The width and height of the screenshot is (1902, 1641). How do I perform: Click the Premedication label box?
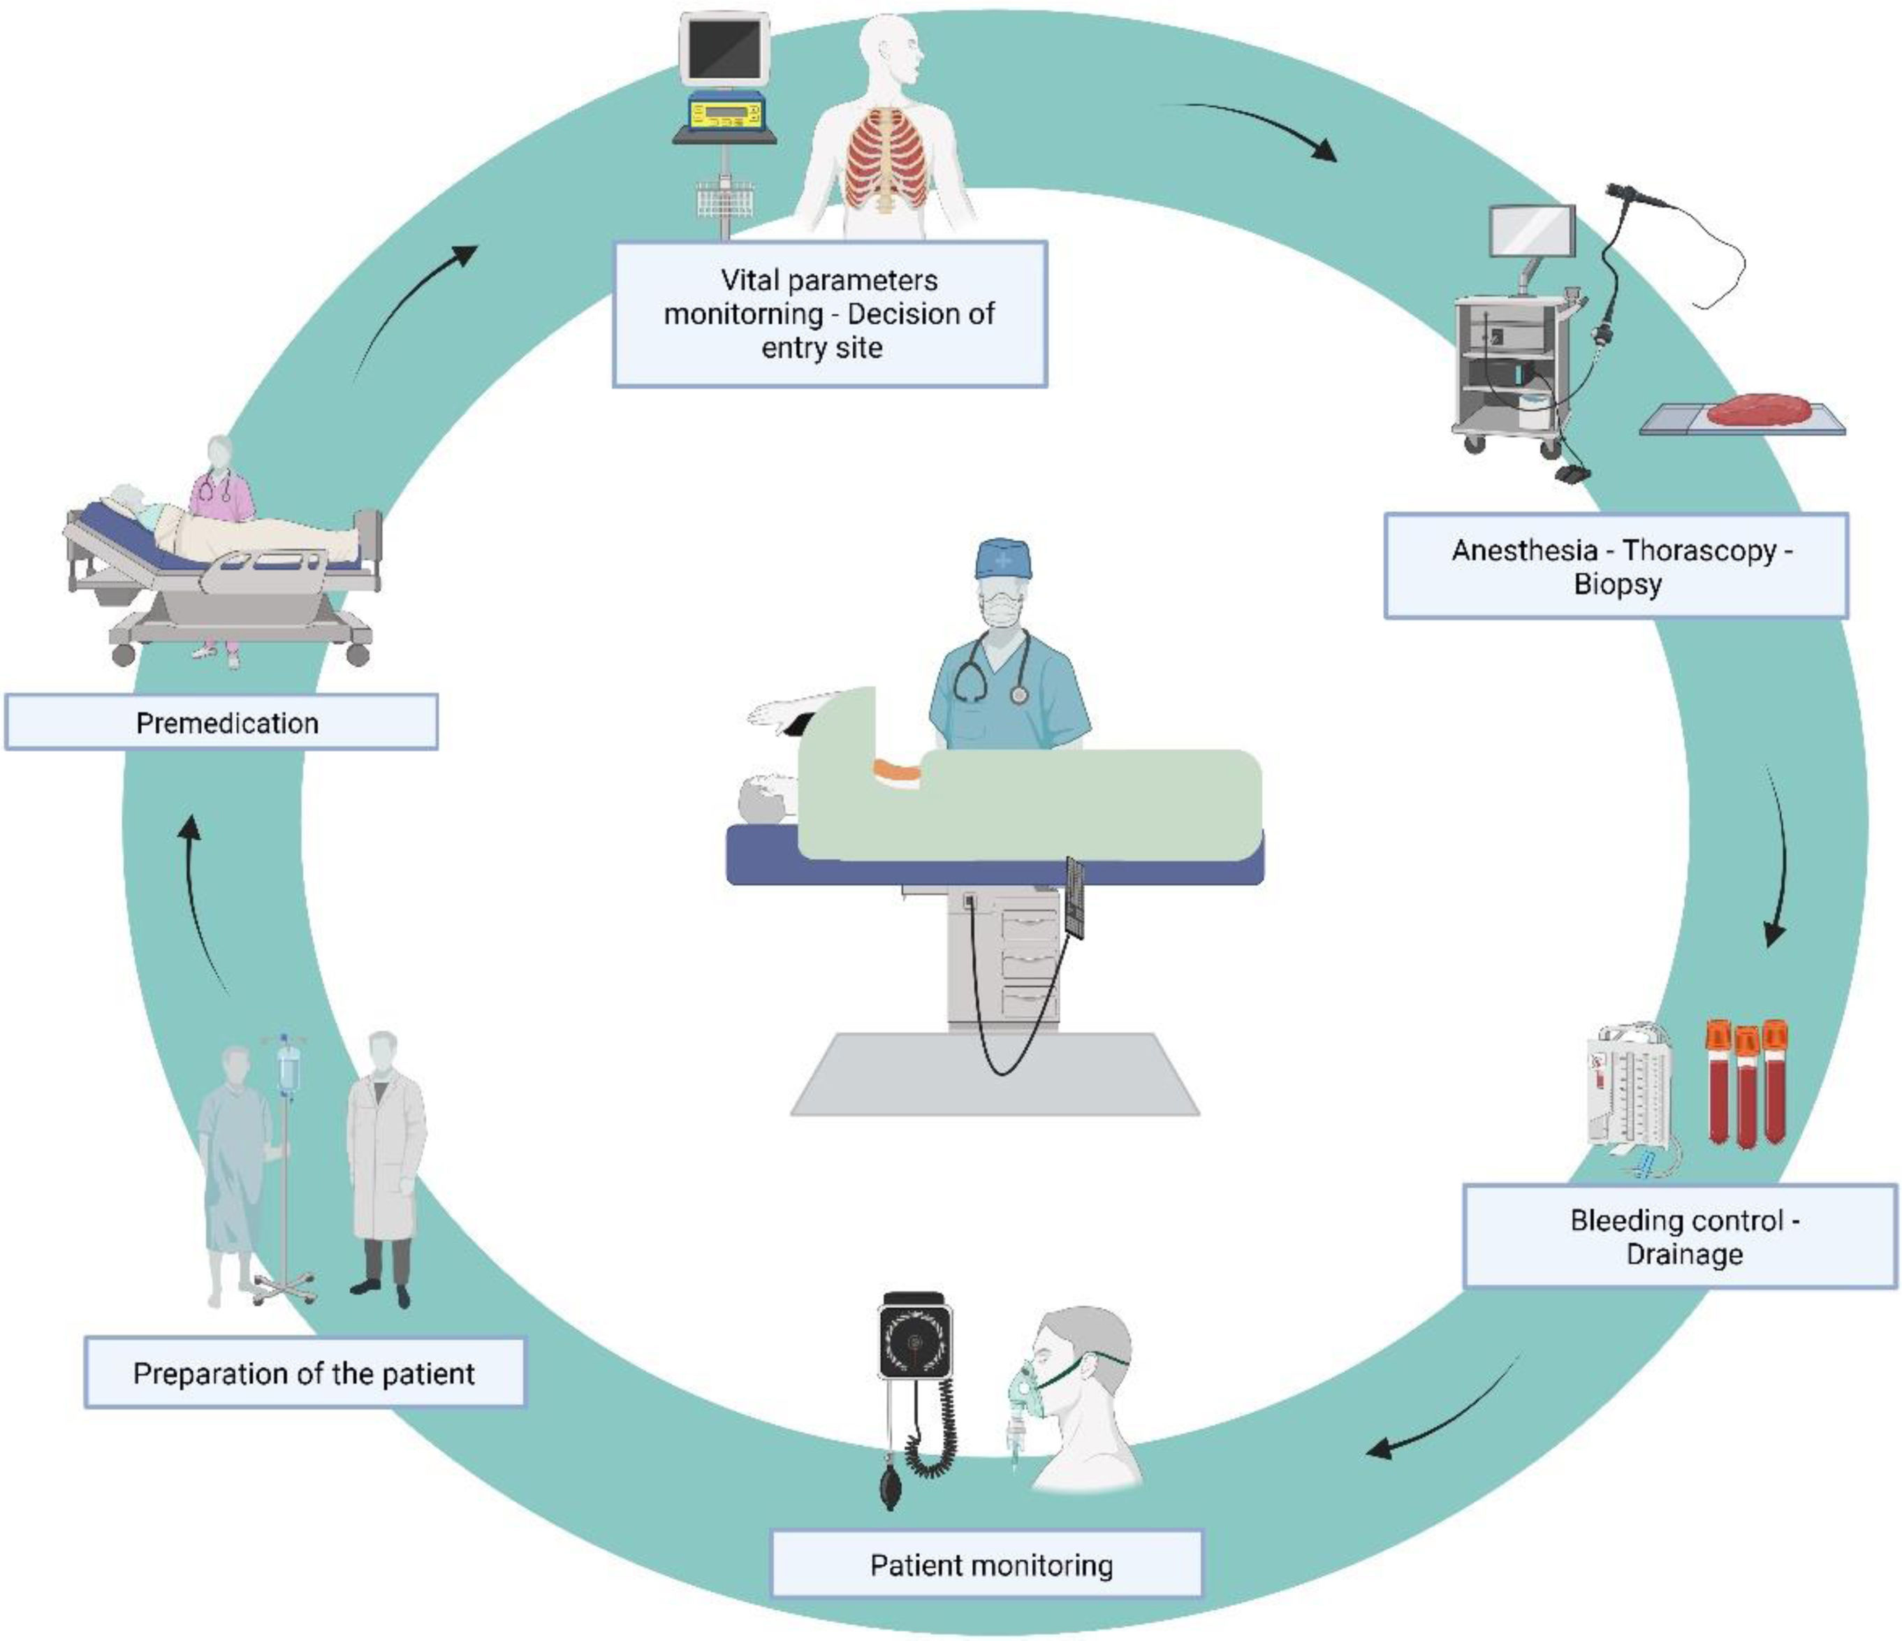pos(221,723)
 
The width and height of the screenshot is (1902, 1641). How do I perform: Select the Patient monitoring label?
pos(987,1564)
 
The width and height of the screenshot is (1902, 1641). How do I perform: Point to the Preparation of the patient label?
pos(304,1373)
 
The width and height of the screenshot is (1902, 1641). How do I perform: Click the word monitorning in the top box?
pos(743,314)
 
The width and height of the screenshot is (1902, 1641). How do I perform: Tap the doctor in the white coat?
pos(386,1166)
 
